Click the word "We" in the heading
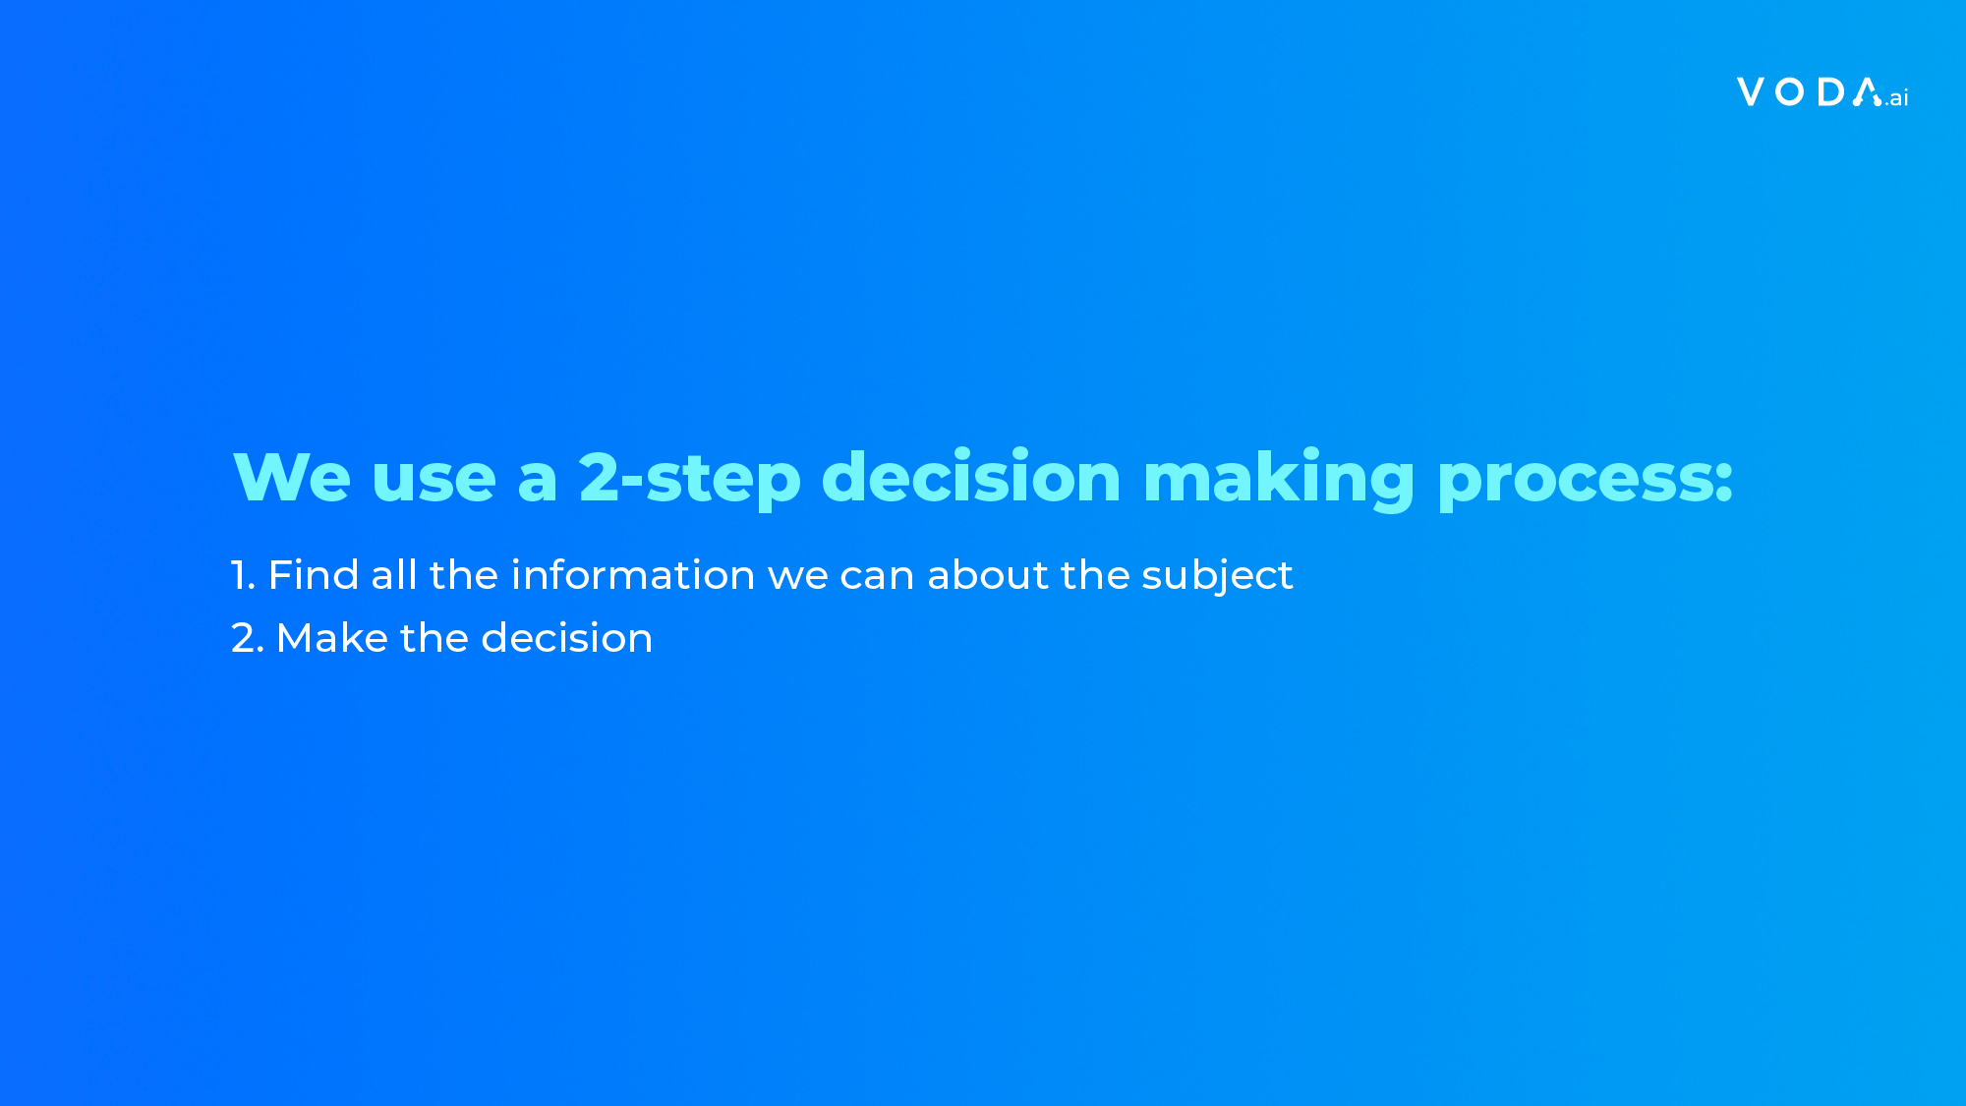(292, 478)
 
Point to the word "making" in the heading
(1279, 480)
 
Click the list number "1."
(243, 575)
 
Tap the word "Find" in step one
(314, 575)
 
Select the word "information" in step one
(633, 575)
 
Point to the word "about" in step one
(988, 575)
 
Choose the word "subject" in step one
(1217, 577)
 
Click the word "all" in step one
(394, 575)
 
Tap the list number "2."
(248, 638)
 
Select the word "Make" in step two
(332, 638)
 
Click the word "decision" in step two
(567, 638)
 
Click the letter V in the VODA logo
(1751, 91)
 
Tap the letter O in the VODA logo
(1790, 91)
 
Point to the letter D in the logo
(1830, 91)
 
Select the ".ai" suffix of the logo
(1896, 97)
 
